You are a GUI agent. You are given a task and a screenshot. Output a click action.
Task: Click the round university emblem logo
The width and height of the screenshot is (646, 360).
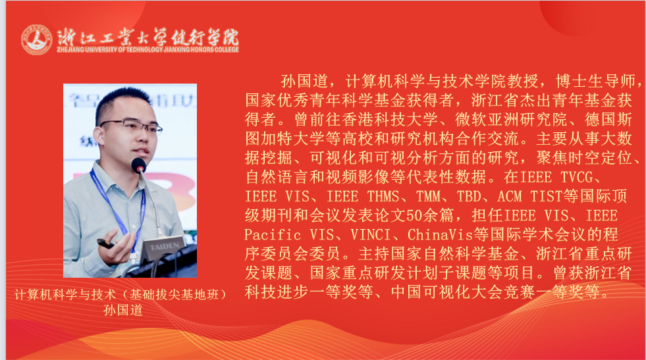point(36,39)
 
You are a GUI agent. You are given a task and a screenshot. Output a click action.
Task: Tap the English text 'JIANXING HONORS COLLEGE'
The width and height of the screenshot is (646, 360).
point(197,49)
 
